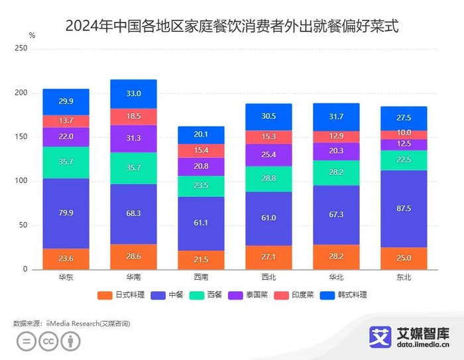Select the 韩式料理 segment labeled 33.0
point(133,94)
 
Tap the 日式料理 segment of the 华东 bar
point(66,259)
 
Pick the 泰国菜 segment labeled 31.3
point(133,139)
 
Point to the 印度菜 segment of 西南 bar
point(201,150)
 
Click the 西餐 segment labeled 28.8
point(268,179)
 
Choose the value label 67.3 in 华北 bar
point(336,214)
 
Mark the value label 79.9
point(66,213)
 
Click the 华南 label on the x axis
point(133,277)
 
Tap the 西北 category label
point(268,277)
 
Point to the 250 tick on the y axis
point(21,49)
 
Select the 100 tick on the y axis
point(21,181)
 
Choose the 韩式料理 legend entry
point(344,295)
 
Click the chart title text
point(232,27)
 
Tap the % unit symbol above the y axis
point(32,34)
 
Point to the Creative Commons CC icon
point(48,341)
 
